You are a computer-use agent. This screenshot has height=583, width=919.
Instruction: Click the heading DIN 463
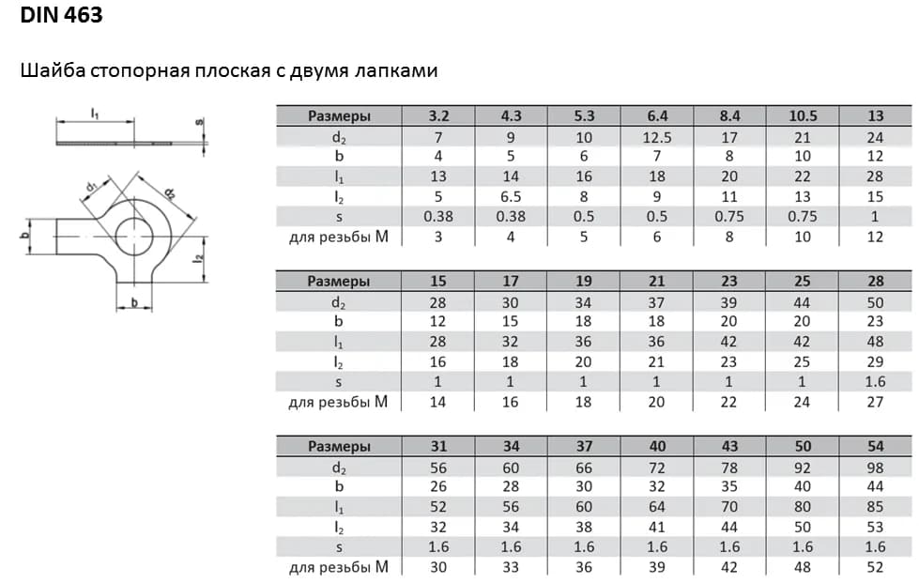point(61,16)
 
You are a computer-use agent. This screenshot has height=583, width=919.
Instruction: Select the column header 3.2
point(438,116)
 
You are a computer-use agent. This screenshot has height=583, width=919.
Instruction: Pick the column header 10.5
point(803,116)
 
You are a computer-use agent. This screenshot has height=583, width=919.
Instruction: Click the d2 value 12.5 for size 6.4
point(657,137)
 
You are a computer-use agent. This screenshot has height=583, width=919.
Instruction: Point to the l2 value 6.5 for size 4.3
point(512,197)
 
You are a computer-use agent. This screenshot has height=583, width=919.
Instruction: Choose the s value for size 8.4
point(729,217)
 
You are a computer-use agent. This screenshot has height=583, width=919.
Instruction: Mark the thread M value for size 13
point(875,238)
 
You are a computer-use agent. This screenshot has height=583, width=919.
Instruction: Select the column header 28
point(875,281)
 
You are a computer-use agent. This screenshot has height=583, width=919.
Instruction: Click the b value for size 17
point(512,321)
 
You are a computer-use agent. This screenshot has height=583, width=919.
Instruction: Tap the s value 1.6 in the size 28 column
point(875,382)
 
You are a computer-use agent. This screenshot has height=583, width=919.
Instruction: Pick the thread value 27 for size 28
point(875,402)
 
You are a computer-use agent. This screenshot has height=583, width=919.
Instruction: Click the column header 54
point(875,446)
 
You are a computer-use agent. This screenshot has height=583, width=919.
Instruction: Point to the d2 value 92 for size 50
point(803,467)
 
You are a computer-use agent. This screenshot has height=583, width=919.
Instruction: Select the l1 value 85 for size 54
point(875,507)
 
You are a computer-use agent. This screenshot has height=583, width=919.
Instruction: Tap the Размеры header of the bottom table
point(339,446)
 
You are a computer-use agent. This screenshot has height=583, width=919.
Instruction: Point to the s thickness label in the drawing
point(199,122)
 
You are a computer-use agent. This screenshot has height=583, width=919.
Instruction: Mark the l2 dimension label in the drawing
point(199,260)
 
